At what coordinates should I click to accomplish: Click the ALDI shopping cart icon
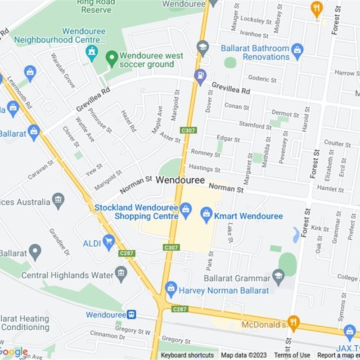coord(108,242)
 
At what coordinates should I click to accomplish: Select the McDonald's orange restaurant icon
coord(294,322)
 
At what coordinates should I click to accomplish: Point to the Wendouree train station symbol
coord(131,315)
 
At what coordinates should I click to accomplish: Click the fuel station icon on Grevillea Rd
coord(200,76)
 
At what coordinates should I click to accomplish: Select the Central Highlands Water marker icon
coord(121,273)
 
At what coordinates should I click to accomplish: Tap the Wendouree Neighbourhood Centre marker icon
coord(92,52)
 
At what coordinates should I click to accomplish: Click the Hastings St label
coord(205,168)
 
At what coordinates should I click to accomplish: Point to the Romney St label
coord(205,153)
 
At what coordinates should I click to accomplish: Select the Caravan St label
coord(40,170)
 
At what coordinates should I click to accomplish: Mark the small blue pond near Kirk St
coord(296,234)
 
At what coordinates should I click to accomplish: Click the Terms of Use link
coord(292,355)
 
